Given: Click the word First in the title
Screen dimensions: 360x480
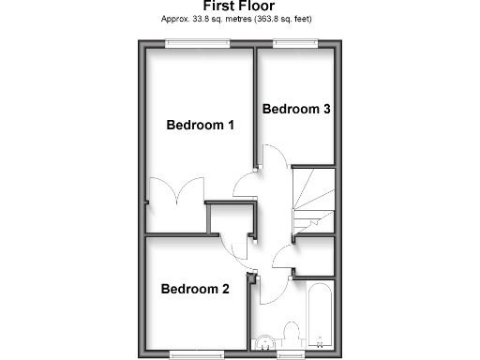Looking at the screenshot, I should click(221, 6).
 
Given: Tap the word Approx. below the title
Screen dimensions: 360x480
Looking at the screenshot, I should click(178, 18).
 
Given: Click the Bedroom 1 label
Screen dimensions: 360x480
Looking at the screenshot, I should click(200, 125).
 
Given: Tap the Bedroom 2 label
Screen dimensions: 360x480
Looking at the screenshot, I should click(194, 289).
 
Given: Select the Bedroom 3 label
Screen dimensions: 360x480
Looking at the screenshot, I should click(295, 109).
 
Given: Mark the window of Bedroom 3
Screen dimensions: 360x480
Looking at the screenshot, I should click(296, 43).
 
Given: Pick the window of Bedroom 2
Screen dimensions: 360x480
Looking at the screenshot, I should click(197, 353).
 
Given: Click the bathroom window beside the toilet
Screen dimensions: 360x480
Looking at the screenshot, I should click(291, 353).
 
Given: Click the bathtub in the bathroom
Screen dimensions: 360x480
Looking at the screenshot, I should click(320, 314).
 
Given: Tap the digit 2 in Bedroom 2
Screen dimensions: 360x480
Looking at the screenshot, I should click(225, 289).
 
